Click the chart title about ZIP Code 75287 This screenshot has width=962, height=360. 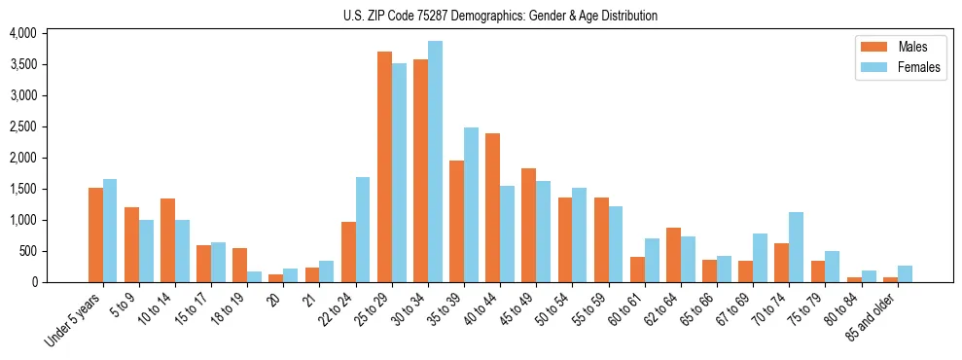click(500, 16)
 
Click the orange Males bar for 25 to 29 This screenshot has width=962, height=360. click(384, 166)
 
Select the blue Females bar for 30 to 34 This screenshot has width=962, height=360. click(435, 162)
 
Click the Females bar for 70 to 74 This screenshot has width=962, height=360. click(796, 247)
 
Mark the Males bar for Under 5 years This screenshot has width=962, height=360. click(95, 234)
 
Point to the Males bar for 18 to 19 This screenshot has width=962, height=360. click(239, 265)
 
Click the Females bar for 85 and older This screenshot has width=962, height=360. click(905, 273)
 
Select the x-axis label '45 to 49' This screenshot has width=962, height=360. click(516, 310)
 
